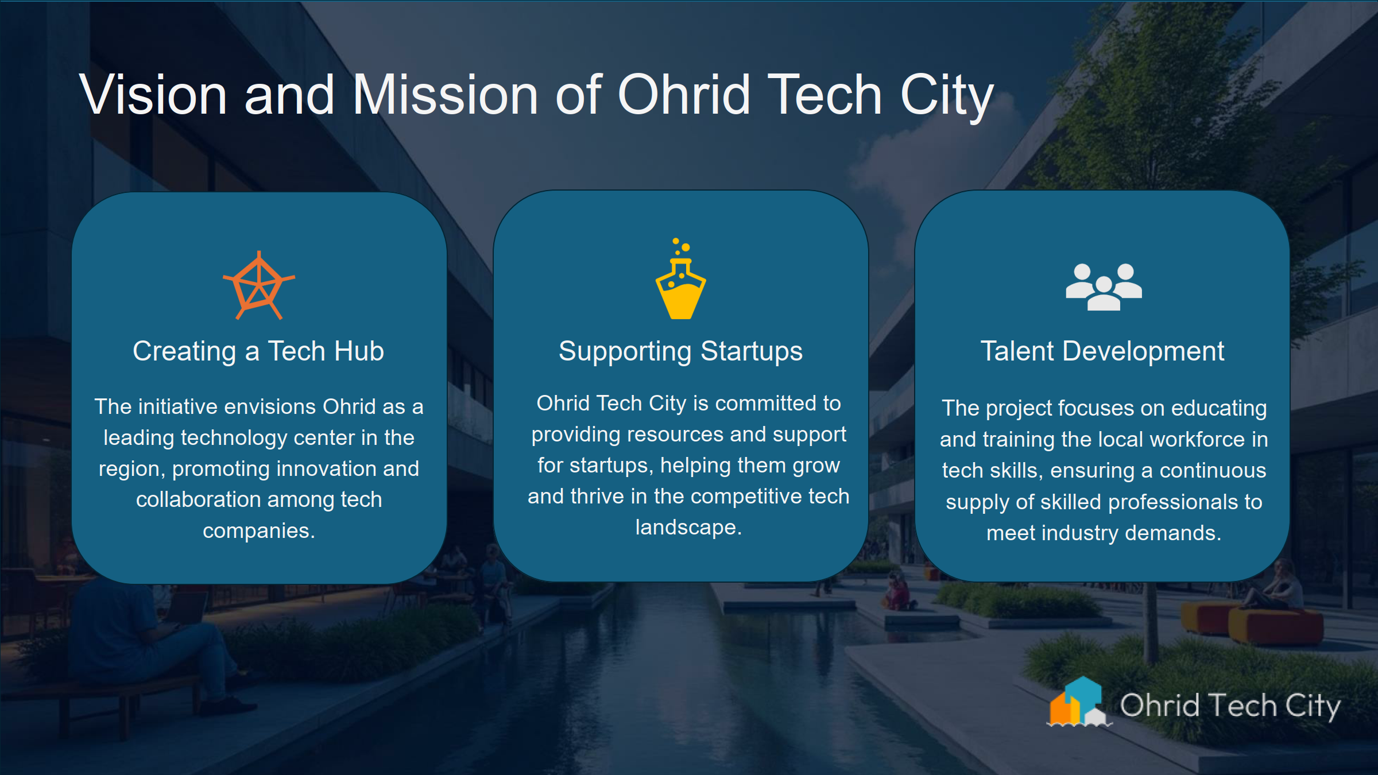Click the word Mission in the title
pos(445,95)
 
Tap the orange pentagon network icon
pos(259,285)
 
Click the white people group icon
pos(1104,286)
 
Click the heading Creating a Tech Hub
pos(258,351)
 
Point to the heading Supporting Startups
pos(680,351)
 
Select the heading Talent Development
pos(1102,351)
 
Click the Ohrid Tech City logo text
pos(1230,706)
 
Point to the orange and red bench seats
pos(1252,623)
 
